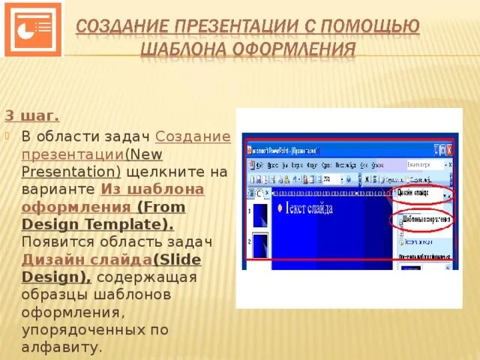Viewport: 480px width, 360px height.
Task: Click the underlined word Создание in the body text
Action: (x=193, y=136)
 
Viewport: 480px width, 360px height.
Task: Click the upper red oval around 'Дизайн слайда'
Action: (x=423, y=193)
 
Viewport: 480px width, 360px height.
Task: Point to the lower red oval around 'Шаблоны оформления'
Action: (x=423, y=220)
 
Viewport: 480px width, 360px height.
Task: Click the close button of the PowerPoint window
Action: (x=451, y=149)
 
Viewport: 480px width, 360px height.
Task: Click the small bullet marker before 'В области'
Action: (x=9, y=136)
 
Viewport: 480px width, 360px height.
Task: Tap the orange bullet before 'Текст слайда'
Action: (x=280, y=208)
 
